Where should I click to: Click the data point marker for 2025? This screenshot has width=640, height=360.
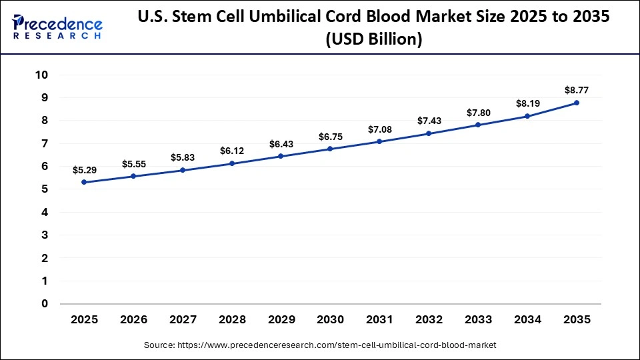[x=84, y=182]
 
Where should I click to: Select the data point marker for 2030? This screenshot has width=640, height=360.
[x=330, y=149]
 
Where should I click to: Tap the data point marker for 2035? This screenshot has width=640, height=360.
[x=577, y=103]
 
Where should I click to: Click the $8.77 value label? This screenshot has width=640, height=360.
[x=577, y=89]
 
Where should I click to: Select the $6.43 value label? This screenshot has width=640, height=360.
[x=281, y=144]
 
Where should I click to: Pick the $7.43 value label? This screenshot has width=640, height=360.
[x=429, y=121]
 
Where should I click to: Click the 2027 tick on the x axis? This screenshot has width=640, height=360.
[x=183, y=319]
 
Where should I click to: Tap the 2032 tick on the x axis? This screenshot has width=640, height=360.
[x=429, y=319]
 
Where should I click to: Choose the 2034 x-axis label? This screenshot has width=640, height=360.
[x=527, y=319]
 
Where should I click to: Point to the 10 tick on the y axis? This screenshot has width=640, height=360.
[x=41, y=75]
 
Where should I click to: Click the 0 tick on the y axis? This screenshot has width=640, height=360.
[x=45, y=304]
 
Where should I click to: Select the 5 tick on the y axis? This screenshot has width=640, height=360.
[x=45, y=189]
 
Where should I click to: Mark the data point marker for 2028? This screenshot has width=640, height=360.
[x=232, y=163]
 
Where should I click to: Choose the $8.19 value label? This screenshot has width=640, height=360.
[x=527, y=103]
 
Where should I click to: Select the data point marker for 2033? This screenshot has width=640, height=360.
[x=478, y=125]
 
